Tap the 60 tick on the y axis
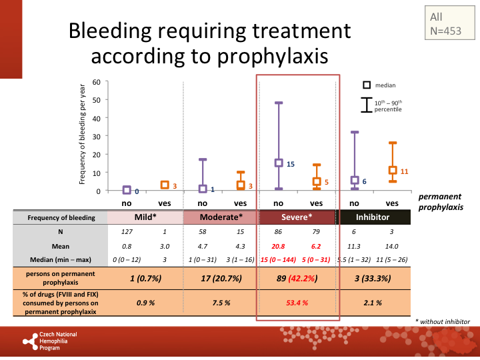click(96, 82)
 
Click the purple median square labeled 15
click(279, 163)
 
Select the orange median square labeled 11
click(393, 171)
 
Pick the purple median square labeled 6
click(355, 180)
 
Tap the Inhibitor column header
click(373, 217)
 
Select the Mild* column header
click(146, 217)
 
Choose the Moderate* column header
click(221, 217)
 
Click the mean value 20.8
click(279, 247)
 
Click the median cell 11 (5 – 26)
click(393, 259)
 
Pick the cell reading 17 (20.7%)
click(221, 278)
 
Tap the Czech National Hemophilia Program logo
click(51, 341)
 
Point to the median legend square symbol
click(366, 85)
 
